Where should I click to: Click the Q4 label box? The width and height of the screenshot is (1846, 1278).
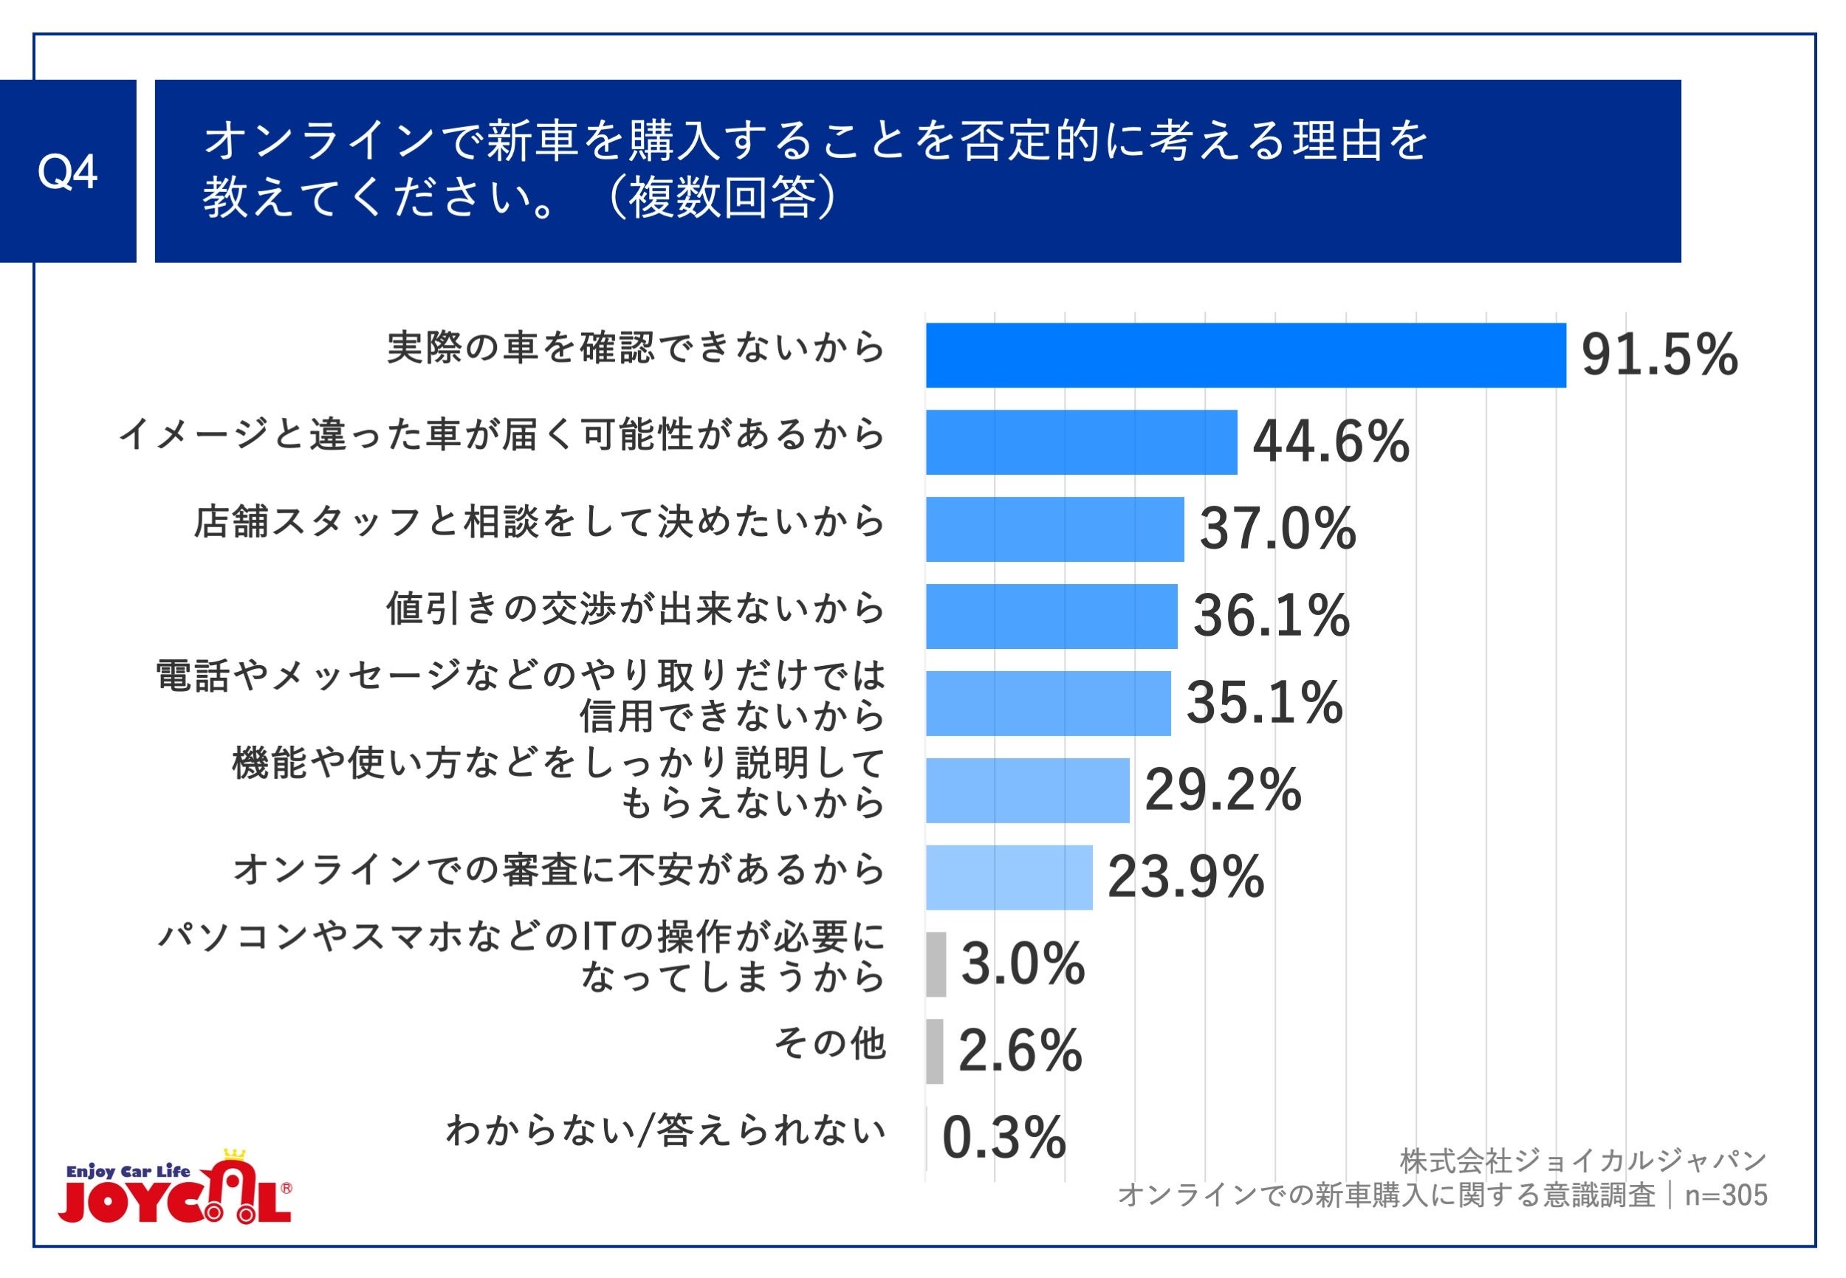(x=67, y=171)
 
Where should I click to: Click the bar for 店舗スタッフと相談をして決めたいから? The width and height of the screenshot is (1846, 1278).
(x=1054, y=529)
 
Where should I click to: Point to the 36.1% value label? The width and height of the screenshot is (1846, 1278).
(x=1271, y=616)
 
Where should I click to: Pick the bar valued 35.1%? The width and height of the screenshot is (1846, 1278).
(x=1048, y=703)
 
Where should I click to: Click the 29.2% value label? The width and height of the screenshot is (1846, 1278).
(x=1222, y=790)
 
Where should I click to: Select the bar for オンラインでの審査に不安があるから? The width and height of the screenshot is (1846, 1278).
(x=1009, y=878)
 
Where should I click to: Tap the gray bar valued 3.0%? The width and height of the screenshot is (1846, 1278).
(x=936, y=964)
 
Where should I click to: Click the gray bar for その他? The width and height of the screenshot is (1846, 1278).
(x=934, y=1051)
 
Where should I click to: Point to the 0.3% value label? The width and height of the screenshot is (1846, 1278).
(x=1003, y=1138)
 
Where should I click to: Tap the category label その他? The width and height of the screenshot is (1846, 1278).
(x=829, y=1043)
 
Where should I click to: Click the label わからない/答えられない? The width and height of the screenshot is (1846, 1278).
(x=665, y=1130)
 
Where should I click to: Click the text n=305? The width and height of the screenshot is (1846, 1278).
(x=1726, y=1195)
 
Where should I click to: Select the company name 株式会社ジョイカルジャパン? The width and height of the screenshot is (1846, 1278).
(x=1582, y=1161)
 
